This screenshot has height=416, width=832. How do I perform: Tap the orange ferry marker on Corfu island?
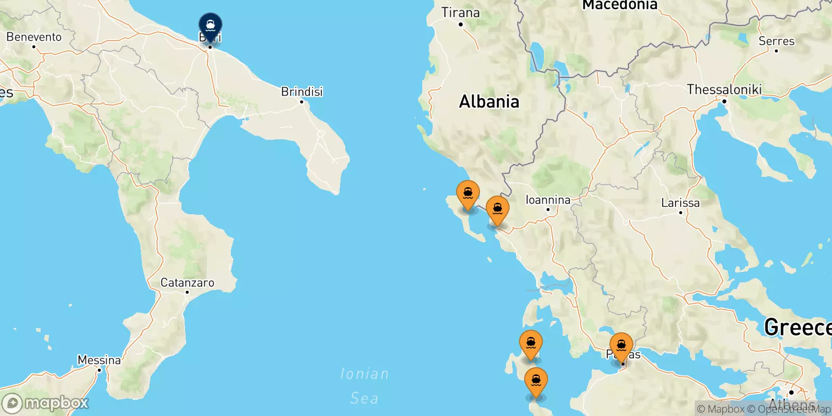tap(468, 194)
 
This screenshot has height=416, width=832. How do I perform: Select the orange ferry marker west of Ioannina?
tap(498, 210)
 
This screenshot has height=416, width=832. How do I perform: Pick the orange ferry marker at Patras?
tap(621, 346)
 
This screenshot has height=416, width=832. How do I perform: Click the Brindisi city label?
tap(302, 92)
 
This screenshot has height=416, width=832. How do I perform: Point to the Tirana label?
tap(460, 12)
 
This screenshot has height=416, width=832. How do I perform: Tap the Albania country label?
tap(489, 101)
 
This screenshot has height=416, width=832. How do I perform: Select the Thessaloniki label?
tap(724, 89)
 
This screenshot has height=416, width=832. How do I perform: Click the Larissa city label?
tap(680, 203)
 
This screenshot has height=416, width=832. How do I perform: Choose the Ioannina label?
tap(548, 200)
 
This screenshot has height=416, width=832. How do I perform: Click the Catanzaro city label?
tap(187, 282)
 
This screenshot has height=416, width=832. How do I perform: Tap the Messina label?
tap(99, 360)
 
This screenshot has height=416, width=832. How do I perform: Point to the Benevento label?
tap(34, 37)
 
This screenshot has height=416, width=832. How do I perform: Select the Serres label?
tap(776, 41)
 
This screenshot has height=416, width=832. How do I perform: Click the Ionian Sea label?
tap(364, 386)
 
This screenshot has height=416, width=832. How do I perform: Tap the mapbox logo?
tap(46, 403)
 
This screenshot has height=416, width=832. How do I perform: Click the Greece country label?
tap(797, 327)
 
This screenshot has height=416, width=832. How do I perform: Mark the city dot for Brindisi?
tap(302, 101)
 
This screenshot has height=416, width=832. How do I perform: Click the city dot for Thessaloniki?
tap(724, 100)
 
